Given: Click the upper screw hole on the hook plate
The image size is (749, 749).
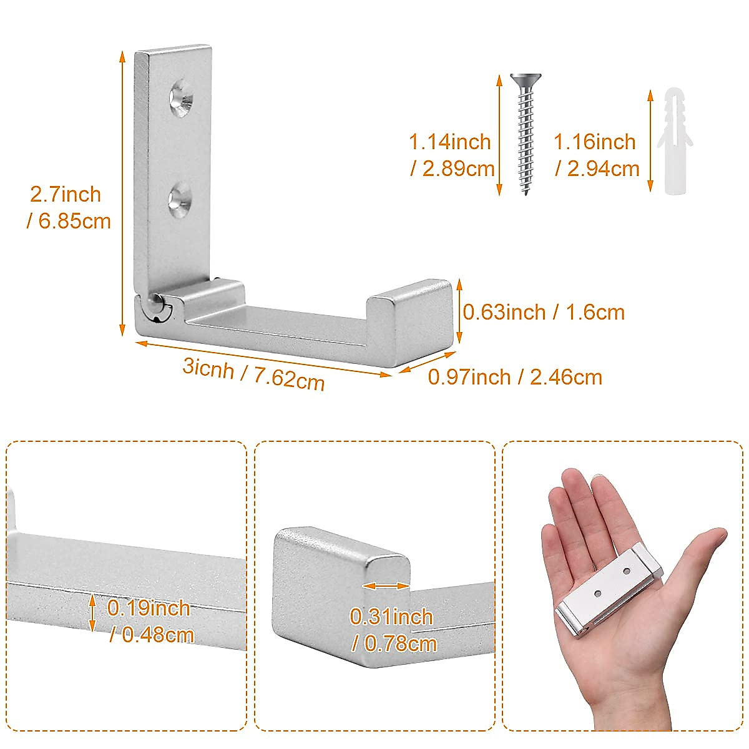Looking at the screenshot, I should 182,98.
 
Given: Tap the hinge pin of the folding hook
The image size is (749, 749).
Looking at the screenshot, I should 155,308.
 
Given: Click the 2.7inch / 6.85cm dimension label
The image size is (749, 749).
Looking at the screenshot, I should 69,207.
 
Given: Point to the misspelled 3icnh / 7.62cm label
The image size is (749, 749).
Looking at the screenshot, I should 253,374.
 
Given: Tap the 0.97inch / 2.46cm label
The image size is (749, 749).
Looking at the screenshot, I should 515,377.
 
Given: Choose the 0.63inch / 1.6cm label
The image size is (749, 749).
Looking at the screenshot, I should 544,312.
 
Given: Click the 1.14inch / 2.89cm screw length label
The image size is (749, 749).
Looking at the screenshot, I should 451,155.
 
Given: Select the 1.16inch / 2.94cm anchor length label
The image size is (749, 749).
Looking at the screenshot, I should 597,155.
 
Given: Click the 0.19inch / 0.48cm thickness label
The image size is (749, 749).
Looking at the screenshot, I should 150,622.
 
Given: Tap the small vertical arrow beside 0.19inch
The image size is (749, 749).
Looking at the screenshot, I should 92,613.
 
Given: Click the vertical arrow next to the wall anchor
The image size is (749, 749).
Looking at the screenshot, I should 650,140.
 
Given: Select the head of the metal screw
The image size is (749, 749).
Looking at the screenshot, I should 526,79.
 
